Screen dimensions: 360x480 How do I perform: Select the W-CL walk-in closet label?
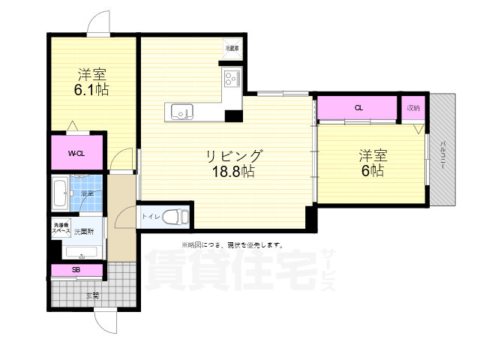76,154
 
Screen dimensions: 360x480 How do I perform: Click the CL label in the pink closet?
358,108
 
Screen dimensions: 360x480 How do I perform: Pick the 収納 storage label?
413,108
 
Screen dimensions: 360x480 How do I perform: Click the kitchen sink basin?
181,112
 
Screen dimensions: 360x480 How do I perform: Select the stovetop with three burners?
229,76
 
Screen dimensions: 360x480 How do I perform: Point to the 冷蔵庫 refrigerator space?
232,47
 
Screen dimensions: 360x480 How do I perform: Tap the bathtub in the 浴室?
61,194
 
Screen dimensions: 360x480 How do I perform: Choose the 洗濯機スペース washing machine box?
60,228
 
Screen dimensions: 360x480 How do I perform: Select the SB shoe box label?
76,270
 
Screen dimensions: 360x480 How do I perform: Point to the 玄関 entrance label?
91,295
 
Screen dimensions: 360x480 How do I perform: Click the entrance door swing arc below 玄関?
106,322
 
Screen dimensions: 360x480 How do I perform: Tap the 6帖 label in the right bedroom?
372,171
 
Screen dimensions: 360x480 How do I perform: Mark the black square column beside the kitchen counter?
233,115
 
